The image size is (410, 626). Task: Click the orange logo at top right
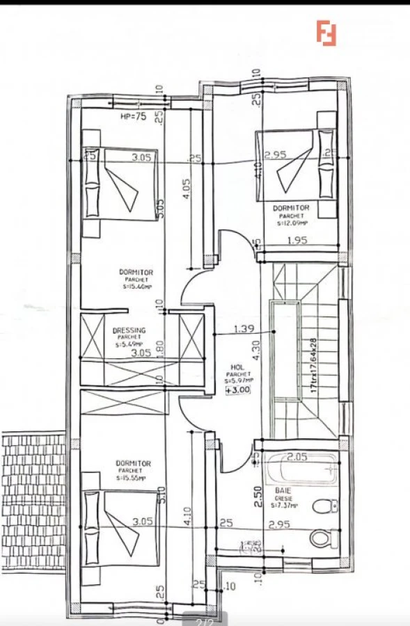tap(326, 33)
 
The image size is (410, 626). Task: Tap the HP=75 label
tap(134, 117)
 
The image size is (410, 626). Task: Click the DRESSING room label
tap(128, 332)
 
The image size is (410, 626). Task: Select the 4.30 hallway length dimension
tap(257, 350)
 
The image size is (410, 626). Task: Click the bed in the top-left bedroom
tap(120, 184)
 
